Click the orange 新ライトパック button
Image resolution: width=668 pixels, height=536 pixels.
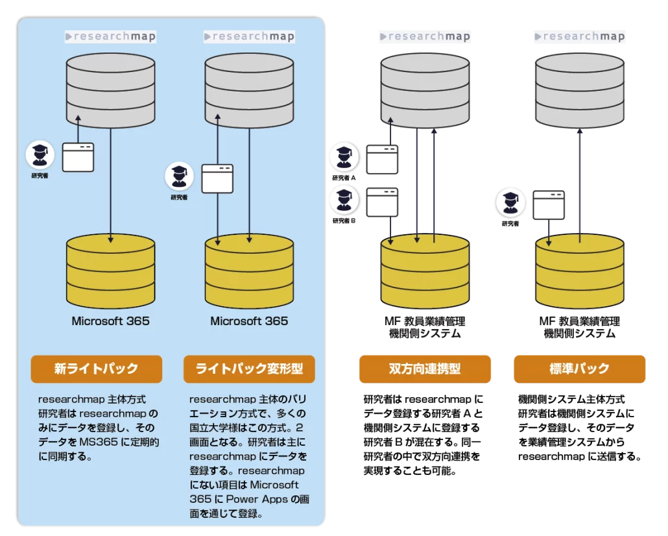coord(96,369)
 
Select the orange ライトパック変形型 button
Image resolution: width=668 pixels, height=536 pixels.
coord(249,369)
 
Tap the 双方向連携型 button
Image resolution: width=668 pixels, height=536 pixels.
coord(425,369)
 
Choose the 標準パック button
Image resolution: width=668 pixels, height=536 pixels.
coord(579,369)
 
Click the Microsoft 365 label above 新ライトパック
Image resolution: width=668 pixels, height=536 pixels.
coord(110,321)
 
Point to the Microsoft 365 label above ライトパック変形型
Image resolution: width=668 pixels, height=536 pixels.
coord(249,321)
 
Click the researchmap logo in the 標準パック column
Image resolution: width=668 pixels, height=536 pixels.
coord(579,36)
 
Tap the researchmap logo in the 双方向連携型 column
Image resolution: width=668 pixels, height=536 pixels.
coord(425,36)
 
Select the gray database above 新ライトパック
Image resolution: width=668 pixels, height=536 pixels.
coord(111,91)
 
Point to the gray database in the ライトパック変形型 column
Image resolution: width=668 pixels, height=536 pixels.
coord(249,91)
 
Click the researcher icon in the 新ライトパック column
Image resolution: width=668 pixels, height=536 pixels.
coord(40,155)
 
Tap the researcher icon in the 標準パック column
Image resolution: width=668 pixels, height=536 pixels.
coord(510,202)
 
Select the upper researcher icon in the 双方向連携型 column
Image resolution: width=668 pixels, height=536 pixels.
coord(344,157)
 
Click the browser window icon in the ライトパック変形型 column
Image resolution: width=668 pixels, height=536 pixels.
coord(217,178)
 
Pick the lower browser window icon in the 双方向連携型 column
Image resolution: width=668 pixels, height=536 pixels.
coord(382,202)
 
